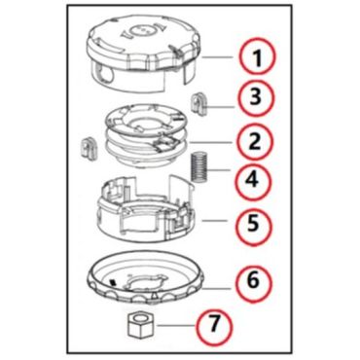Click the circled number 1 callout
[x=257, y=57]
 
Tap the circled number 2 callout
[x=254, y=141]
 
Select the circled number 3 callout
[x=256, y=97]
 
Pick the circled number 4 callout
[x=253, y=180]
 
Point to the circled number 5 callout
[x=253, y=223]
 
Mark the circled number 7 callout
[x=213, y=324]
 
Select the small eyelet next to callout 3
[x=198, y=104]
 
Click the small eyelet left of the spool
[x=90, y=149]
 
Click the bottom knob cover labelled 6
[x=146, y=278]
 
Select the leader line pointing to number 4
[x=221, y=170]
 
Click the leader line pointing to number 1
[x=217, y=57]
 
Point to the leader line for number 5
[x=214, y=221]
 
